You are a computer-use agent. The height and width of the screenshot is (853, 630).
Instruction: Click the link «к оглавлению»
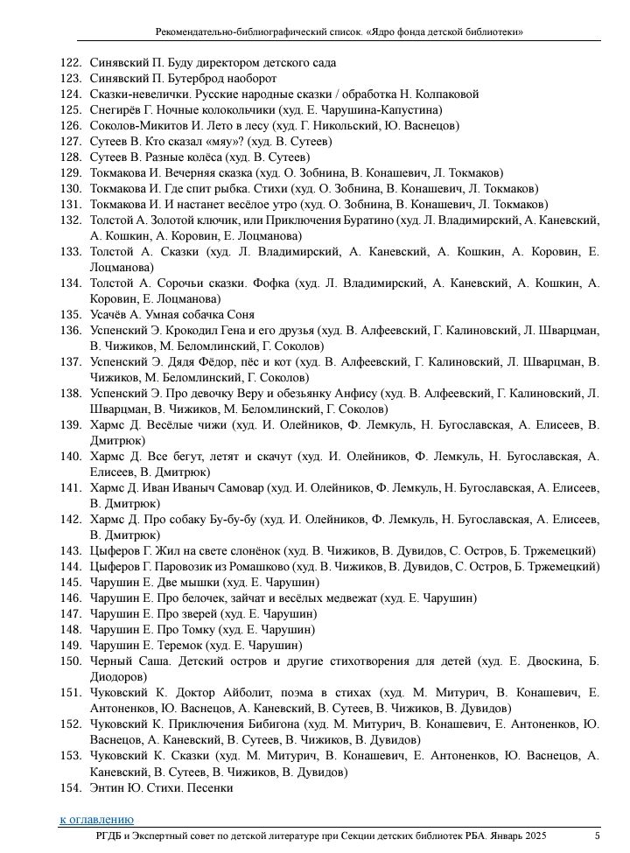96,820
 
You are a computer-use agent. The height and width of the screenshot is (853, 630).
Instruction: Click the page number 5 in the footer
597,837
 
